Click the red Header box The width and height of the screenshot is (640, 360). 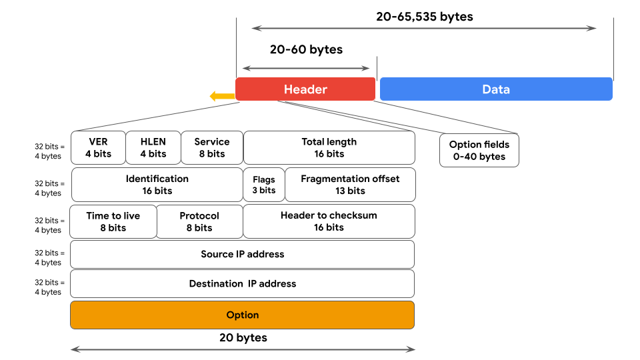pyautogui.click(x=305, y=89)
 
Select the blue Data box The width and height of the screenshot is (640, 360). pyautogui.click(x=495, y=89)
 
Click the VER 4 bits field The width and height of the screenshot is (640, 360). pyautogui.click(x=98, y=147)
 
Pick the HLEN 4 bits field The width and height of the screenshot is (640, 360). pyautogui.click(x=153, y=147)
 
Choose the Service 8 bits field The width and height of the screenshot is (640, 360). pyautogui.click(x=211, y=147)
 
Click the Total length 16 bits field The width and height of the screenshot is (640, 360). pyautogui.click(x=329, y=147)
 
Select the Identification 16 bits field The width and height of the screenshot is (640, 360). pyautogui.click(x=157, y=185)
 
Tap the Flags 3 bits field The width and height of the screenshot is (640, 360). pyautogui.click(x=264, y=185)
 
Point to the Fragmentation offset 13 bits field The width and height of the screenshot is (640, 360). pyautogui.click(x=350, y=185)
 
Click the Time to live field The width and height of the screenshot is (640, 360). pyautogui.click(x=113, y=221)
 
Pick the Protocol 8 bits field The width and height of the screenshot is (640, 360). pyautogui.click(x=199, y=221)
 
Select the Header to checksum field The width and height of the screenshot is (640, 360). pyautogui.click(x=329, y=221)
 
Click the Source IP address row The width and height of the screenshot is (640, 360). pyautogui.click(x=242, y=254)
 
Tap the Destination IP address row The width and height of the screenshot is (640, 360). pyautogui.click(x=242, y=283)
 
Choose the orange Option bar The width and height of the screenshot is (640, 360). pyautogui.click(x=242, y=315)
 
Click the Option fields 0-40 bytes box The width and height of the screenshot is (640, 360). pyautogui.click(x=479, y=151)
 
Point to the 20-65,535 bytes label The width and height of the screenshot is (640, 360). pyautogui.click(x=424, y=17)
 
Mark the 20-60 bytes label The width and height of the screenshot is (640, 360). pyautogui.click(x=306, y=49)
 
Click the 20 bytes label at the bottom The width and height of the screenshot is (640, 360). pyautogui.click(x=243, y=338)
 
